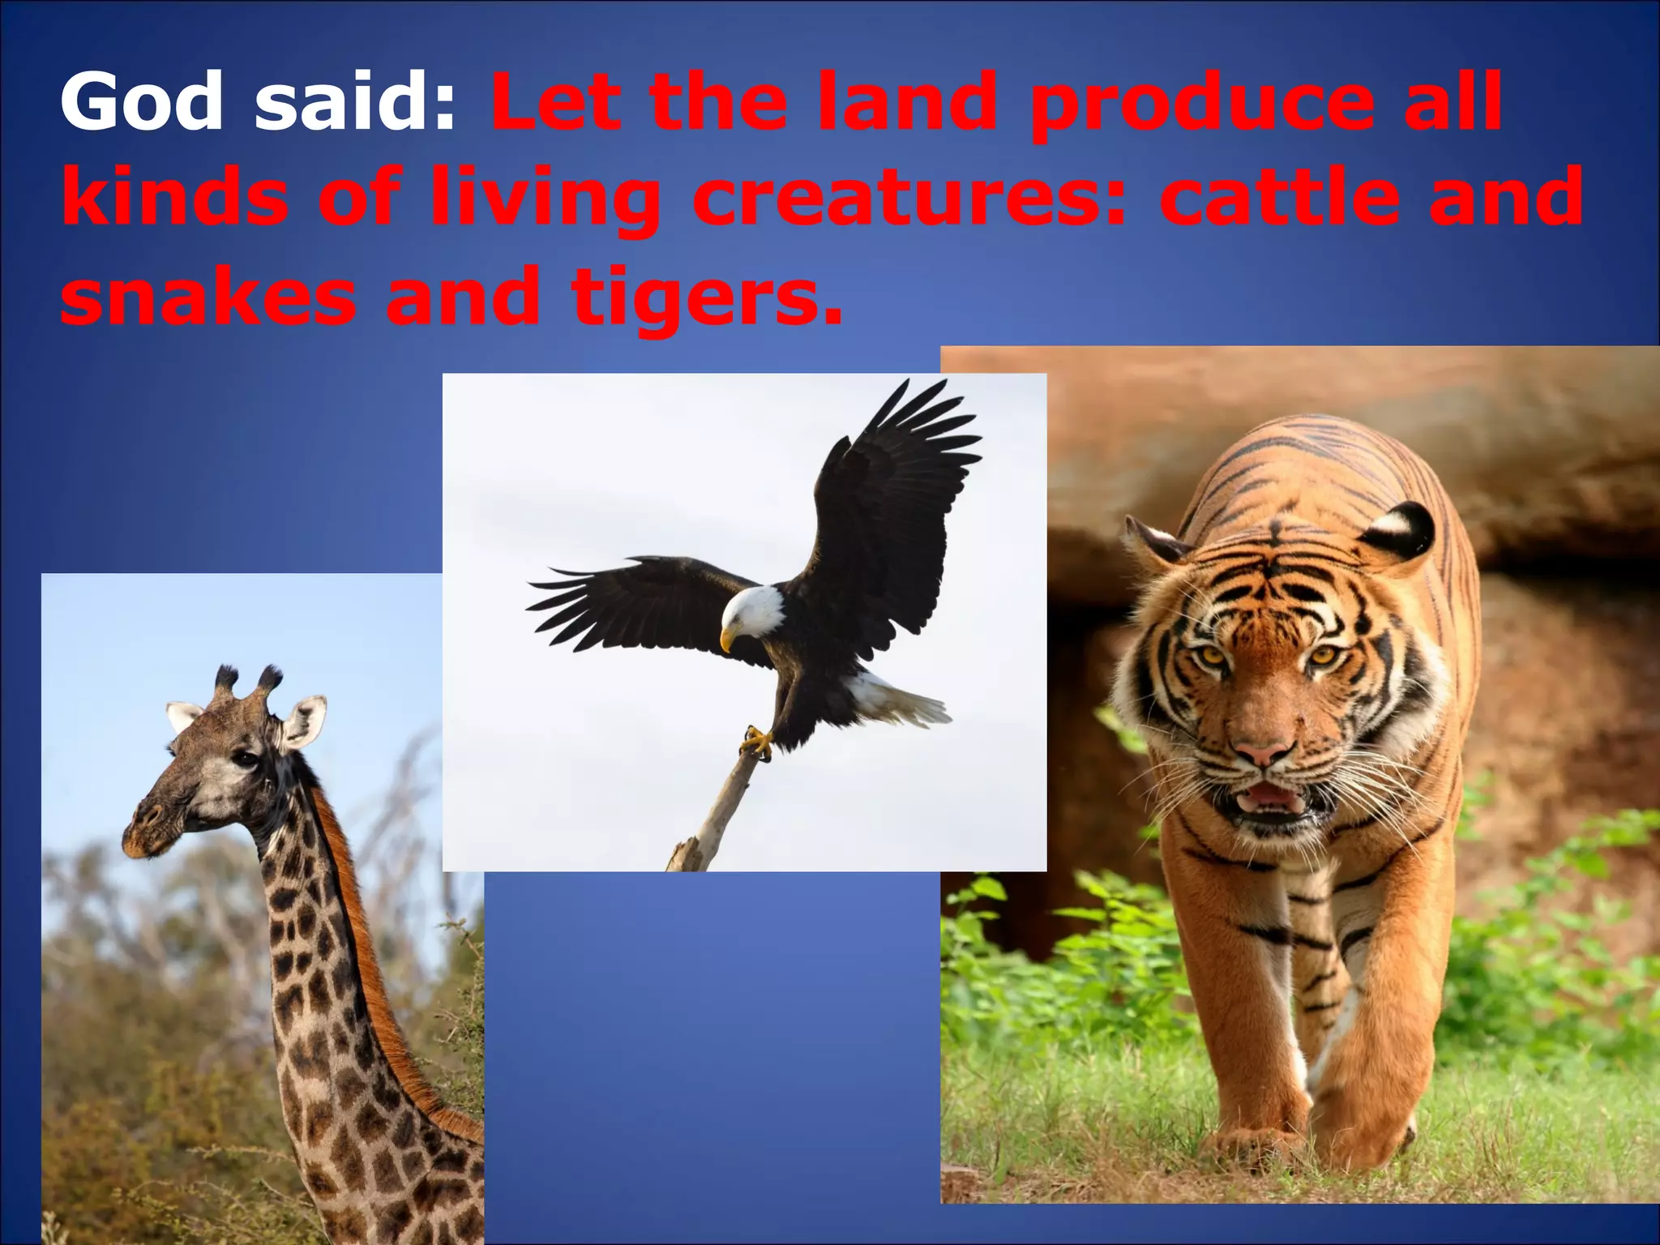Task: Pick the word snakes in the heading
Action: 207,297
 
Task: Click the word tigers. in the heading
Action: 706,297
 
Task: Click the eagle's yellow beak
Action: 727,640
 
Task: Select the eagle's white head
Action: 754,611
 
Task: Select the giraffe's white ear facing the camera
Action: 303,721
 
